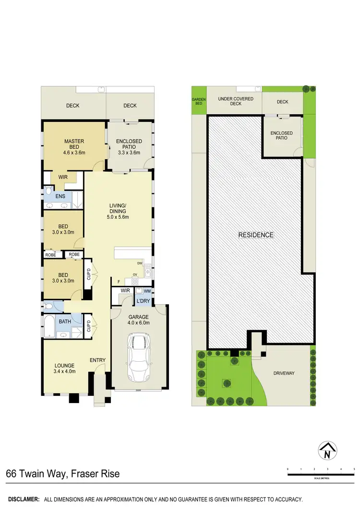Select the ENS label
coord(60,196)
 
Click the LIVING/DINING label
coord(118,211)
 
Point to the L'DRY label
coord(143,301)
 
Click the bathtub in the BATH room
coord(49,326)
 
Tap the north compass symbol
coord(328,450)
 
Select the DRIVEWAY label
coord(284,373)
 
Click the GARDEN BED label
coord(199,101)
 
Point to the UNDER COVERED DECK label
coord(236,101)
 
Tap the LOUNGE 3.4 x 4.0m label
coord(65,368)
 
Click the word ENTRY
coord(97,360)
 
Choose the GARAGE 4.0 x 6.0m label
coord(138,320)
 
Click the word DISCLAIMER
coord(24,499)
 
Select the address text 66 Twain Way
coord(36,474)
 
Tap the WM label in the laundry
coord(147,291)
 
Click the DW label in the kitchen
coord(140,263)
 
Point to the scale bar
coord(321,474)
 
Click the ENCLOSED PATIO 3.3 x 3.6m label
coord(129,147)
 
